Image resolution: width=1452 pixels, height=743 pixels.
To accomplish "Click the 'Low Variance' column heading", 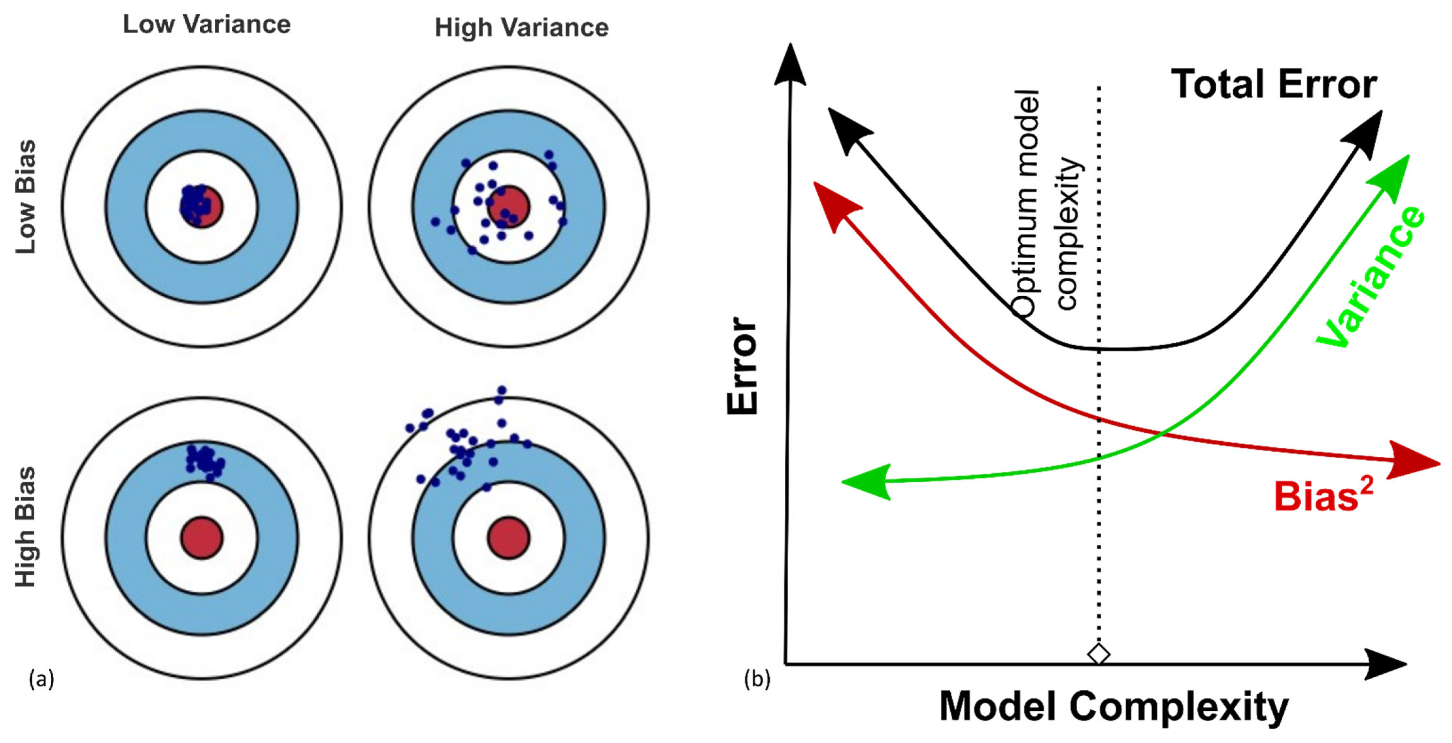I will tap(206, 24).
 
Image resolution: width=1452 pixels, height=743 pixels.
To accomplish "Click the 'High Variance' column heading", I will tap(521, 27).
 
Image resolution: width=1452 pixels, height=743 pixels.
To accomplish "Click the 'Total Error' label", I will tap(1274, 85).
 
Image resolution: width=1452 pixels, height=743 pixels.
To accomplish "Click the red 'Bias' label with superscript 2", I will tap(1322, 496).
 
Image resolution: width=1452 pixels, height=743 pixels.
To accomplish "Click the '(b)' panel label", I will tap(757, 679).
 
